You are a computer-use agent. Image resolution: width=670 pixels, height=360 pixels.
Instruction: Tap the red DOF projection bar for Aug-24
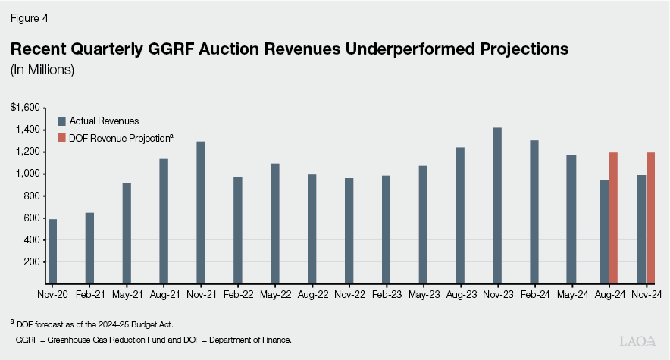[614, 218]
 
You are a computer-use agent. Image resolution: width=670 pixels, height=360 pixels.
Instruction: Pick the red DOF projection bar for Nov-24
[650, 218]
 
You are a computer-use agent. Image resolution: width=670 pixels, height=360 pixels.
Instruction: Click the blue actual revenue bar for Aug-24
[604, 232]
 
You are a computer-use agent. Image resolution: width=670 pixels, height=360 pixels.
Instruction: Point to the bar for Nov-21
[200, 213]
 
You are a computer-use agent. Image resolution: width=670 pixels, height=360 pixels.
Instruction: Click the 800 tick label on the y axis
[30, 196]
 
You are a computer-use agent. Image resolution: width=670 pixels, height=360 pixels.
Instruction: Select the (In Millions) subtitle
[42, 70]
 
